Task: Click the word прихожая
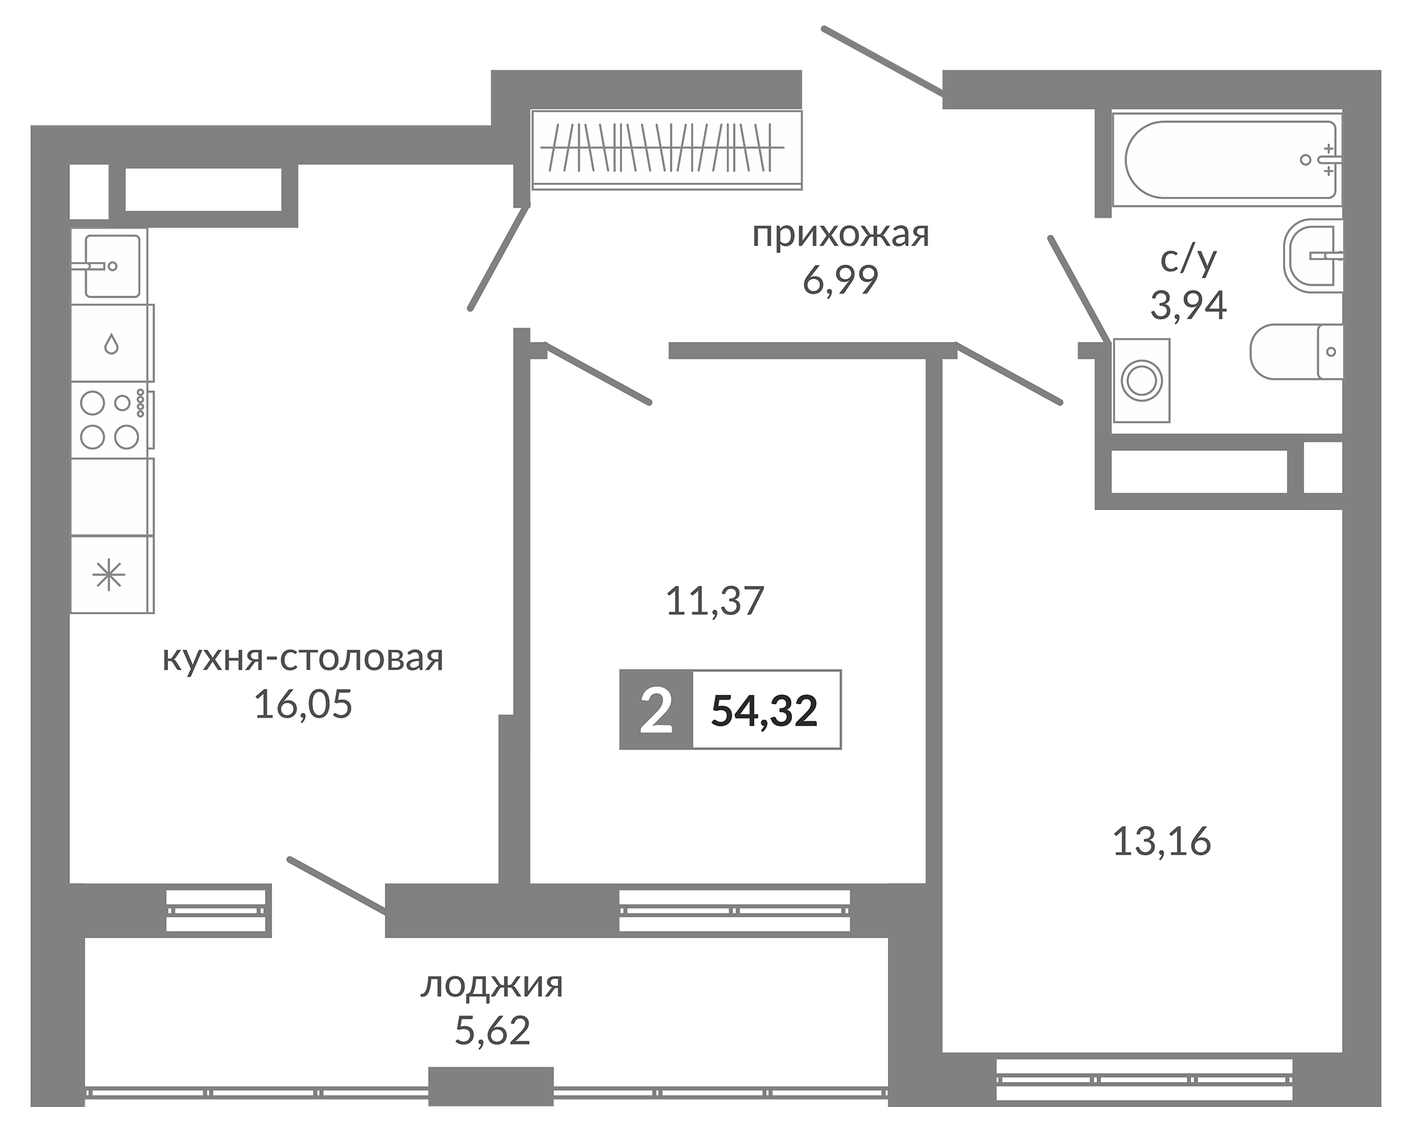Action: point(840,235)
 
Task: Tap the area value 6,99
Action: point(840,280)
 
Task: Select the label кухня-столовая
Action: point(303,659)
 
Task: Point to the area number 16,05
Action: point(303,705)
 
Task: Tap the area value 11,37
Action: point(715,601)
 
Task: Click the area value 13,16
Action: point(1162,841)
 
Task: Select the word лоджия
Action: point(492,986)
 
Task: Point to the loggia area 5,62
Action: point(492,1031)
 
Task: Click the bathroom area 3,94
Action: point(1188,306)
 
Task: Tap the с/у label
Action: point(1188,259)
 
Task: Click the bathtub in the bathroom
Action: point(1227,159)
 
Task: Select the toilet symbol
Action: point(1296,351)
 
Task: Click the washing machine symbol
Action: point(1141,380)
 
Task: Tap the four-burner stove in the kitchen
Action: point(112,420)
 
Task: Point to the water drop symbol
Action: point(112,345)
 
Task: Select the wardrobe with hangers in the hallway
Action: point(666,149)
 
